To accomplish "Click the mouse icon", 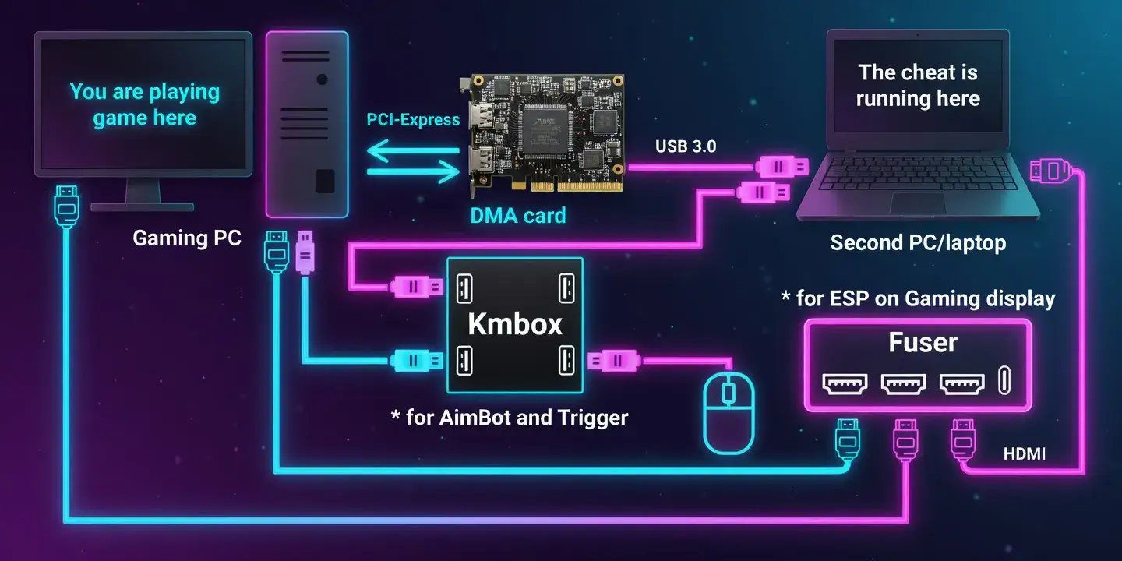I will click(729, 411).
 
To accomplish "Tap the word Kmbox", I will click(515, 324).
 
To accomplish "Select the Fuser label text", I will click(923, 343).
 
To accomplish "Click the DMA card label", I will click(517, 215).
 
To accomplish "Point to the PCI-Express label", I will click(413, 120).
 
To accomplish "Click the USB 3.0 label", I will click(686, 146).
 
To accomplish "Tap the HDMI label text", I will click(1024, 453).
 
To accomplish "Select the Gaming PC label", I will click(187, 238).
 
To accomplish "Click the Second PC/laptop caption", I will click(918, 243).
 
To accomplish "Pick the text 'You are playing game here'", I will click(145, 105).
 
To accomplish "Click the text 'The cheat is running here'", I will click(918, 86).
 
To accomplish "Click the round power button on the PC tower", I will click(322, 79).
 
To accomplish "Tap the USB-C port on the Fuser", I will click(1004, 382).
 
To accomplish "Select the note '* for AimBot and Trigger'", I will click(509, 418).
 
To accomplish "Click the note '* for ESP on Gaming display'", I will click(918, 298).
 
